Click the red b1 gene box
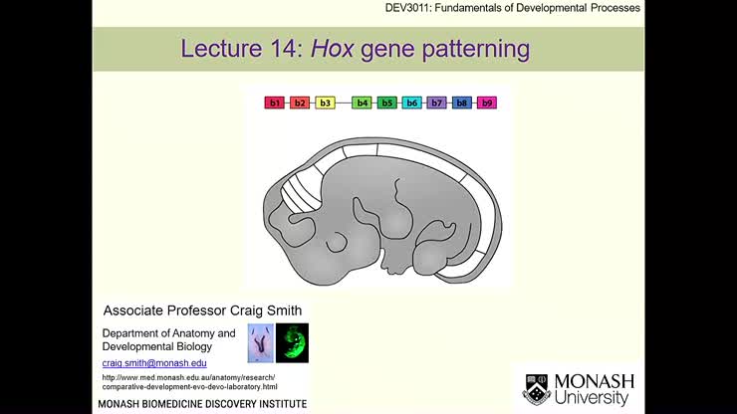pyautogui.click(x=274, y=103)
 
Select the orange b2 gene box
pyautogui.click(x=299, y=103)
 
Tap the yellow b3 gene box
pyautogui.click(x=325, y=103)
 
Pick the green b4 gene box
pyautogui.click(x=363, y=103)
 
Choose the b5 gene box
pyautogui.click(x=387, y=103)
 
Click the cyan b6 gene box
pyautogui.click(x=411, y=103)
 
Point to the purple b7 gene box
pyautogui.click(x=436, y=103)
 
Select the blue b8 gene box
pyautogui.click(x=461, y=103)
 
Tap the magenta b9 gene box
pyautogui.click(x=486, y=103)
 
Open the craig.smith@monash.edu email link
pyautogui.click(x=154, y=363)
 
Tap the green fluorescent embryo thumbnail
pyautogui.click(x=292, y=342)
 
